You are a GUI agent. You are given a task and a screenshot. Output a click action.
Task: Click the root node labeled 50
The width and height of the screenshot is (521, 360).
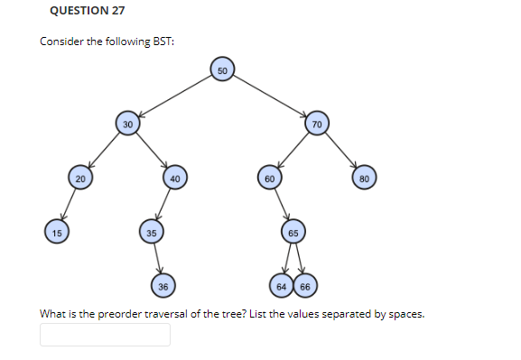click(x=224, y=69)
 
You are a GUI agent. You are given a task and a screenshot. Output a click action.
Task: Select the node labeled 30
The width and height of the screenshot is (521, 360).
click(x=128, y=124)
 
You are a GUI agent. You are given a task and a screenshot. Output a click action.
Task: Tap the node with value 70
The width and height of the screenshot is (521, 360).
click(x=317, y=124)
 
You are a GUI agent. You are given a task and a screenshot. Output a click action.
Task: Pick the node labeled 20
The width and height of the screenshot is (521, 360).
click(x=80, y=179)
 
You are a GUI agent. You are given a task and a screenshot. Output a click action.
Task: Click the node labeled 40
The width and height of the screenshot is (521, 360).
click(x=175, y=179)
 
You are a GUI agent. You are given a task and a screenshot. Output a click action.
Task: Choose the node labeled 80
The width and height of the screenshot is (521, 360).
click(x=365, y=179)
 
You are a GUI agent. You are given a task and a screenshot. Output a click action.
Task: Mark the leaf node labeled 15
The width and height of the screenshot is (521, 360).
click(x=57, y=233)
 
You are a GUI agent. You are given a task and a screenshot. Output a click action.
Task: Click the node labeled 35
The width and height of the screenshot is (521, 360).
click(x=152, y=233)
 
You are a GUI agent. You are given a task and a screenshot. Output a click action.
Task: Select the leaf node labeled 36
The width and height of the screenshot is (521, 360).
click(x=163, y=287)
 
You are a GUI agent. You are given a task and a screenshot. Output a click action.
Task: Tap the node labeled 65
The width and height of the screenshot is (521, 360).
click(x=293, y=233)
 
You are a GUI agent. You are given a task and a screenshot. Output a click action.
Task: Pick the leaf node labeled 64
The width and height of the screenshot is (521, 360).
click(x=282, y=287)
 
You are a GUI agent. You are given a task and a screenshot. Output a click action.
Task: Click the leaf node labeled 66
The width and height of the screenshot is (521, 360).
click(x=304, y=287)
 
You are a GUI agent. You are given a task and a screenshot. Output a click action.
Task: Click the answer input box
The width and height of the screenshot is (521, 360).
click(x=105, y=335)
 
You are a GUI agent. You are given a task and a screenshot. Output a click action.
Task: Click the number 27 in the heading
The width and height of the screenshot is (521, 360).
click(x=116, y=11)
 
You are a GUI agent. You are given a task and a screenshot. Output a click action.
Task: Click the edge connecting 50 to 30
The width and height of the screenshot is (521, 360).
click(x=176, y=96)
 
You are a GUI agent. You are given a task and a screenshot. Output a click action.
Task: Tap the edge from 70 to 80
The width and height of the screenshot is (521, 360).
click(x=341, y=152)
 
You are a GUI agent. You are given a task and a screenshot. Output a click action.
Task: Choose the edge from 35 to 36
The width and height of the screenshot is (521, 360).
click(x=157, y=260)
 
